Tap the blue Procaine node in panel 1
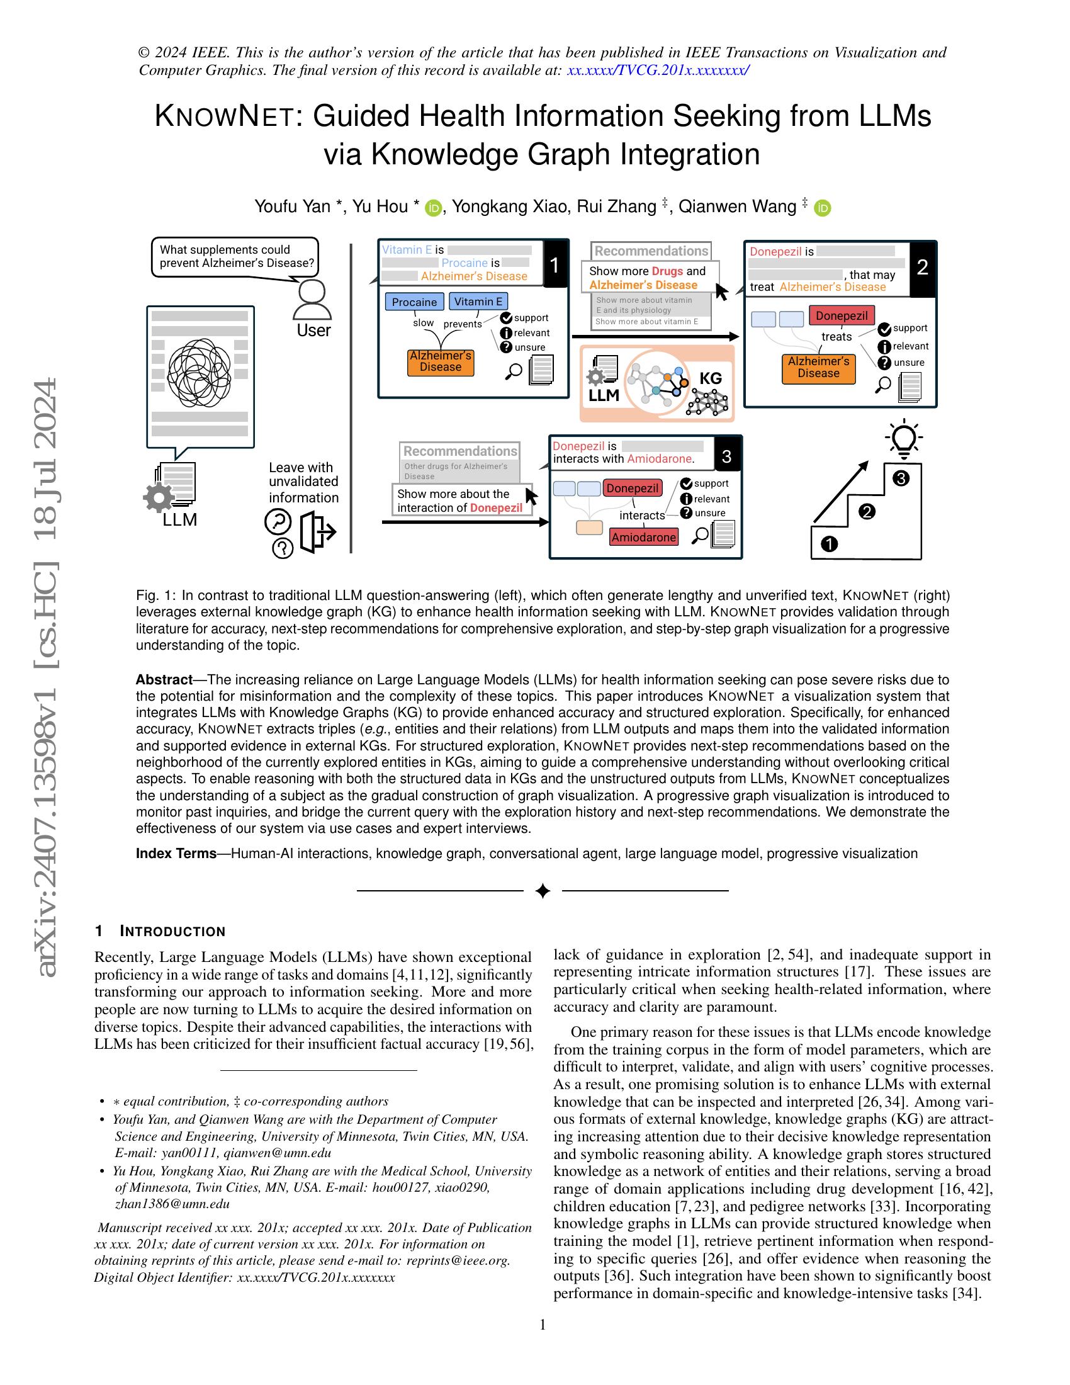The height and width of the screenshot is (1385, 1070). click(414, 302)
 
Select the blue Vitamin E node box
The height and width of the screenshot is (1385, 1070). click(478, 301)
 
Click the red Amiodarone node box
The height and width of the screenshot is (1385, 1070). click(643, 537)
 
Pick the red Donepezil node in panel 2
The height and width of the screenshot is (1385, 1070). click(841, 315)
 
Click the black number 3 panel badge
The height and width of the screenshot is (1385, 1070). click(727, 456)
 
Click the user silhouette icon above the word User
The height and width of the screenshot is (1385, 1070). click(313, 300)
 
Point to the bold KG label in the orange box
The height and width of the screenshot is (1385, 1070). click(710, 378)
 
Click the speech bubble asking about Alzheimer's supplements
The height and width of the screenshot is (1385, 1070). click(235, 257)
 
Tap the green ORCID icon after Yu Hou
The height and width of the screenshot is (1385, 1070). click(434, 207)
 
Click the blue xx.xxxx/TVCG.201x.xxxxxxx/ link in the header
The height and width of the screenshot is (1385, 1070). click(658, 71)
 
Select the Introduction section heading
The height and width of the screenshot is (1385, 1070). click(160, 931)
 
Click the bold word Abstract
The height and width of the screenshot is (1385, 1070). click(164, 680)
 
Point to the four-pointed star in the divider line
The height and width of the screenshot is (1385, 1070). click(543, 891)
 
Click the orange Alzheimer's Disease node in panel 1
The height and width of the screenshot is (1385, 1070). click(440, 361)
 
